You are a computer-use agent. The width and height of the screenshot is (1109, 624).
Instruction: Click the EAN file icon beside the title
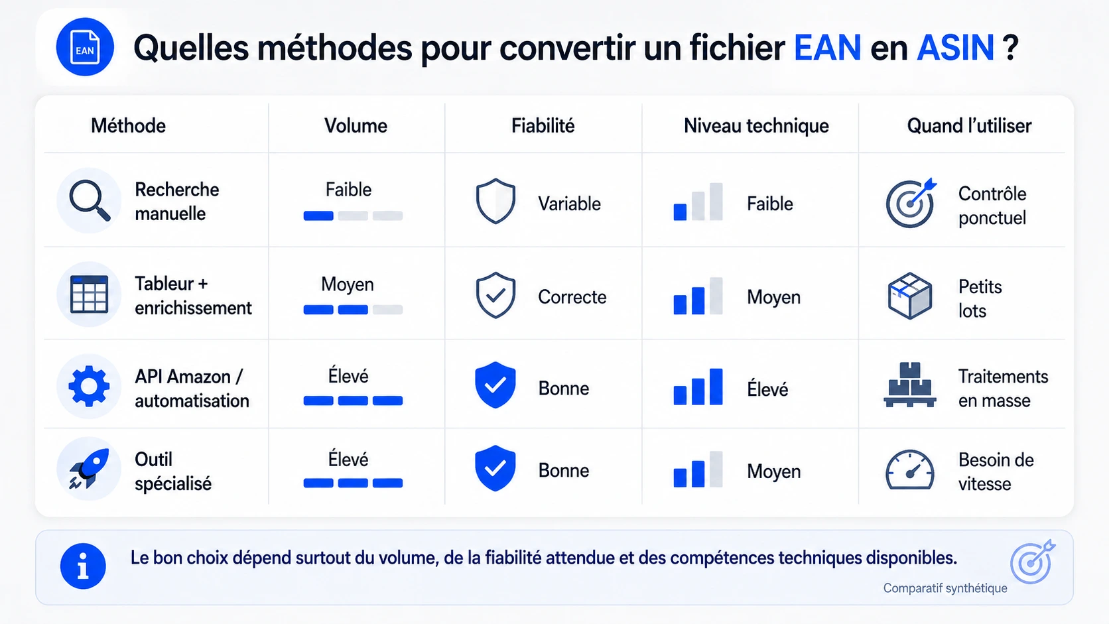85,47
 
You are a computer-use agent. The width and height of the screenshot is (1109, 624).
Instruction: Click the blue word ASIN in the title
955,48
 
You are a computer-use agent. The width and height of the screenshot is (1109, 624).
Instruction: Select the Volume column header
356,126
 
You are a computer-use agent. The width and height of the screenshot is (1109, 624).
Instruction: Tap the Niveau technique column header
756,126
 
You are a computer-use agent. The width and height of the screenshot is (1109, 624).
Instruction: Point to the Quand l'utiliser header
969,126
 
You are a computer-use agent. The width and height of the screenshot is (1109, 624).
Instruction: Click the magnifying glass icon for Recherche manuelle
89,200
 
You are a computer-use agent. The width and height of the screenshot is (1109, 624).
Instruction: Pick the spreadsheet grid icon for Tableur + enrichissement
89,294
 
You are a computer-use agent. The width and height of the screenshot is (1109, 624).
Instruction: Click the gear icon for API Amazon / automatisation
89,386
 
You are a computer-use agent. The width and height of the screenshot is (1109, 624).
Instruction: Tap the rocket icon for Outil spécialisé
89,469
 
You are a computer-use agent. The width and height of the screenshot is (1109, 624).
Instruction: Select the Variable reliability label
569,204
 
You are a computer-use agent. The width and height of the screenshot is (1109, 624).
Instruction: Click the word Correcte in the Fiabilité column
572,297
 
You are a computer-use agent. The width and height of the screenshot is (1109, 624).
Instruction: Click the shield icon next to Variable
495,201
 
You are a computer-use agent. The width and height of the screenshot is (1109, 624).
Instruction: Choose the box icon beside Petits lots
910,296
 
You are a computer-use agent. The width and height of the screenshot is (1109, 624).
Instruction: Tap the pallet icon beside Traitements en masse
910,385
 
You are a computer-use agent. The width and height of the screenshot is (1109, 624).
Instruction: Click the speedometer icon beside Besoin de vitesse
910,469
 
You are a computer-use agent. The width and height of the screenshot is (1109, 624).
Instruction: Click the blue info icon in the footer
83,566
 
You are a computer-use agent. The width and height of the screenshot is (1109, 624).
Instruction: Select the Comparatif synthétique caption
945,588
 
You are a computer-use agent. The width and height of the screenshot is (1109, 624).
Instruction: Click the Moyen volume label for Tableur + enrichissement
347,284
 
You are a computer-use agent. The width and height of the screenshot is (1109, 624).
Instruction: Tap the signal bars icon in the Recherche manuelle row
698,202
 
